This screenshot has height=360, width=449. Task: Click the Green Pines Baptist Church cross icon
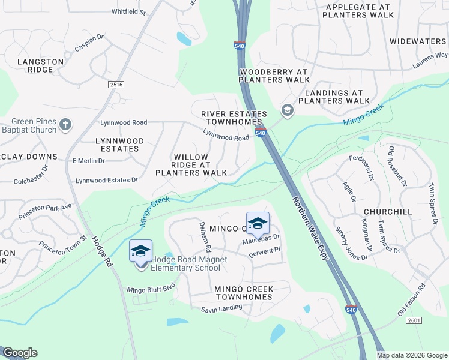point(65,126)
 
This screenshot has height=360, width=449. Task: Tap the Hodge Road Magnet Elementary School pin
point(140,253)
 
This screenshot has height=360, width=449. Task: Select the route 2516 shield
point(116,85)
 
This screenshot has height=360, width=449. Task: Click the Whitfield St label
point(128,11)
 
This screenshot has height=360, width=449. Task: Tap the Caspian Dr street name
point(89,44)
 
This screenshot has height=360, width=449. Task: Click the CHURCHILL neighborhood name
point(388,212)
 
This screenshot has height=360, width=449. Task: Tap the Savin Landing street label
point(221,308)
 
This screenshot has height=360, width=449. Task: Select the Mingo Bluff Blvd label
point(151,290)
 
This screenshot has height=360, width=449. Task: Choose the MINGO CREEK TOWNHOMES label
point(244,293)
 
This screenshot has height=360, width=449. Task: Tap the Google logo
point(20,353)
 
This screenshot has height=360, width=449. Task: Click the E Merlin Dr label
point(88,161)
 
